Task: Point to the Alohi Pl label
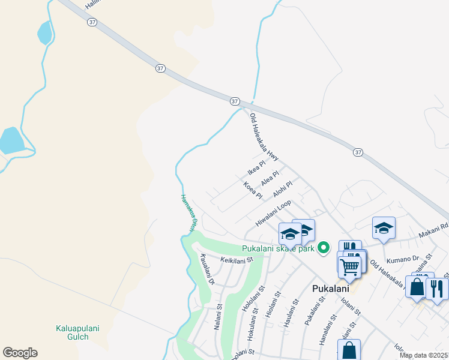point(282,189)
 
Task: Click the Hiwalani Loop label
point(273,213)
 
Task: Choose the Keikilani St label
point(238,260)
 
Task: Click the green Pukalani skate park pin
point(324,247)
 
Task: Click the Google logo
point(20,353)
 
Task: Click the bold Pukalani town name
point(331,288)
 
